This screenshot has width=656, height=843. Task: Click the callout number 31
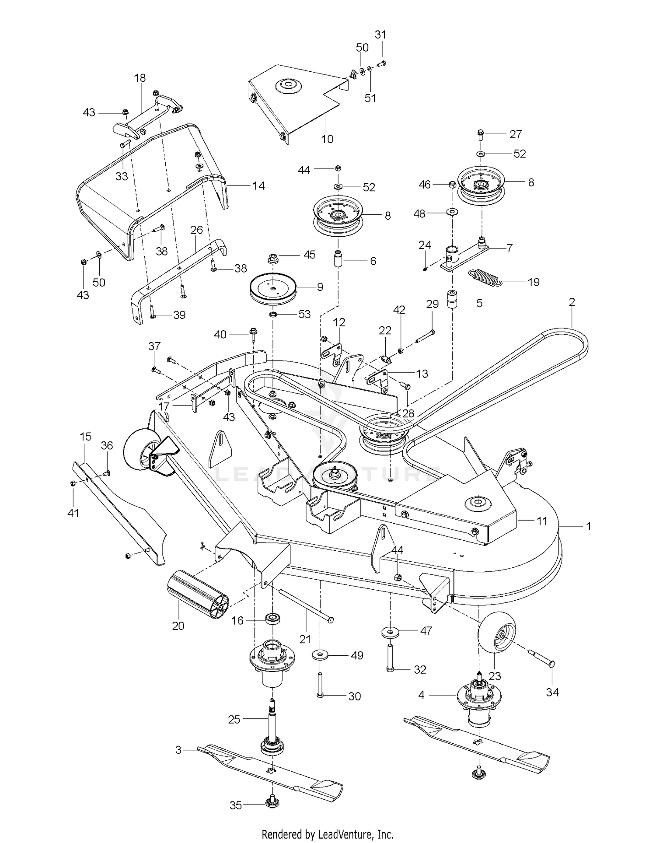click(380, 35)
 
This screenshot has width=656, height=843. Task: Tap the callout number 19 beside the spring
click(534, 282)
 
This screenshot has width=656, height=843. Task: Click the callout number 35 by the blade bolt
click(236, 805)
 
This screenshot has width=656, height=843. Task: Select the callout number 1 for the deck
click(589, 526)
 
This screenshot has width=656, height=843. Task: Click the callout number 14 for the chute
click(258, 186)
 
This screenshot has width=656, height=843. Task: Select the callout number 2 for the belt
click(572, 302)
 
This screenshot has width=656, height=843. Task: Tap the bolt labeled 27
click(480, 134)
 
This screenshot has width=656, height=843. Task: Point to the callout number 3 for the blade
click(178, 750)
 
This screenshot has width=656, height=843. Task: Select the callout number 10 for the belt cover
click(327, 139)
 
